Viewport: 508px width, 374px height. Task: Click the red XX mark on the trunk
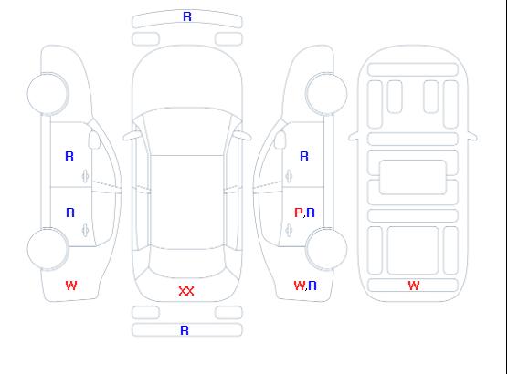(x=186, y=291)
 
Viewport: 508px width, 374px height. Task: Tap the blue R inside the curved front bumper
(x=187, y=16)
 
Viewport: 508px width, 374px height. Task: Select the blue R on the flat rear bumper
(x=185, y=330)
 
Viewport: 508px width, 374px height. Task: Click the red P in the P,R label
(x=298, y=213)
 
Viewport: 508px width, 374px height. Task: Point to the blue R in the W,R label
(x=312, y=286)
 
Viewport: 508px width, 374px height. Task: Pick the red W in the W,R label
(x=299, y=286)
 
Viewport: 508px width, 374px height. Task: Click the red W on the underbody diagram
(x=414, y=286)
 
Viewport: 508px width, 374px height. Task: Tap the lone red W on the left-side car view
(x=71, y=286)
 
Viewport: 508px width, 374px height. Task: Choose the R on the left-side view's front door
(x=69, y=156)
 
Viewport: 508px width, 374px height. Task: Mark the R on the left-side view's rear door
(x=70, y=213)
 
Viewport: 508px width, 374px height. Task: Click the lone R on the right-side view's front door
(x=304, y=156)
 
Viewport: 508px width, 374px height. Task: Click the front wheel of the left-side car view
(x=48, y=94)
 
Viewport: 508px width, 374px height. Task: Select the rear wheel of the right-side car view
(x=326, y=248)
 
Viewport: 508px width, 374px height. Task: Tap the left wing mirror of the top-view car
(x=131, y=135)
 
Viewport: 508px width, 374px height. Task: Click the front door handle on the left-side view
(x=85, y=176)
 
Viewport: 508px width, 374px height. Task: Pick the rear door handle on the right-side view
(x=289, y=230)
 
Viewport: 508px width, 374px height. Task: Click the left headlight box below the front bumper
(x=145, y=39)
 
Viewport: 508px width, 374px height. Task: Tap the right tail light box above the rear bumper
(x=228, y=313)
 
